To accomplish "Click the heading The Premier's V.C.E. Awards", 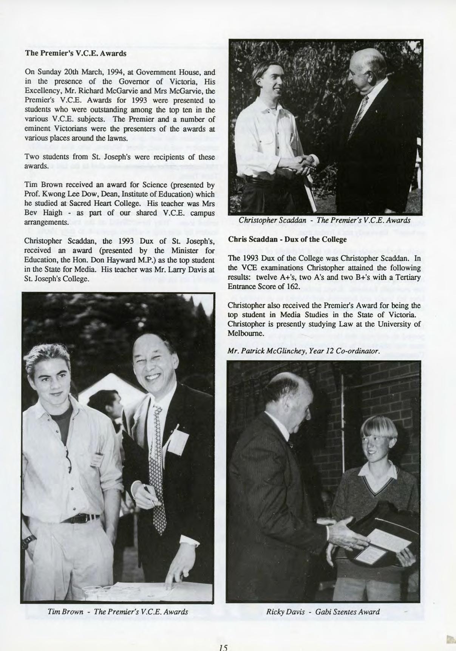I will coord(76,53).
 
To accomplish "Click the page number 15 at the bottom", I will coord(223,647).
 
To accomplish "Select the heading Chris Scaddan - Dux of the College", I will coord(287,239).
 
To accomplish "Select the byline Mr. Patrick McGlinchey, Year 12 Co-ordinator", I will coord(304,351).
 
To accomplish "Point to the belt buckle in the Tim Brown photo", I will coord(87,518).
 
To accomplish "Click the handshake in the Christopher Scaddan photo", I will coord(306,164).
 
